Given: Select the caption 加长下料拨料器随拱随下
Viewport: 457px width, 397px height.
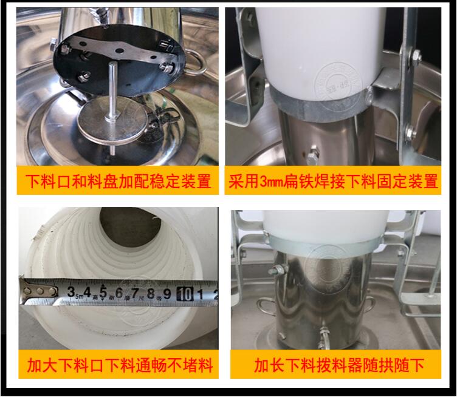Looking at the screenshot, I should [x=338, y=365].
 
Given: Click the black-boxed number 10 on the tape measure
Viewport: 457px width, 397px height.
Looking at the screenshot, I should [x=185, y=294].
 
